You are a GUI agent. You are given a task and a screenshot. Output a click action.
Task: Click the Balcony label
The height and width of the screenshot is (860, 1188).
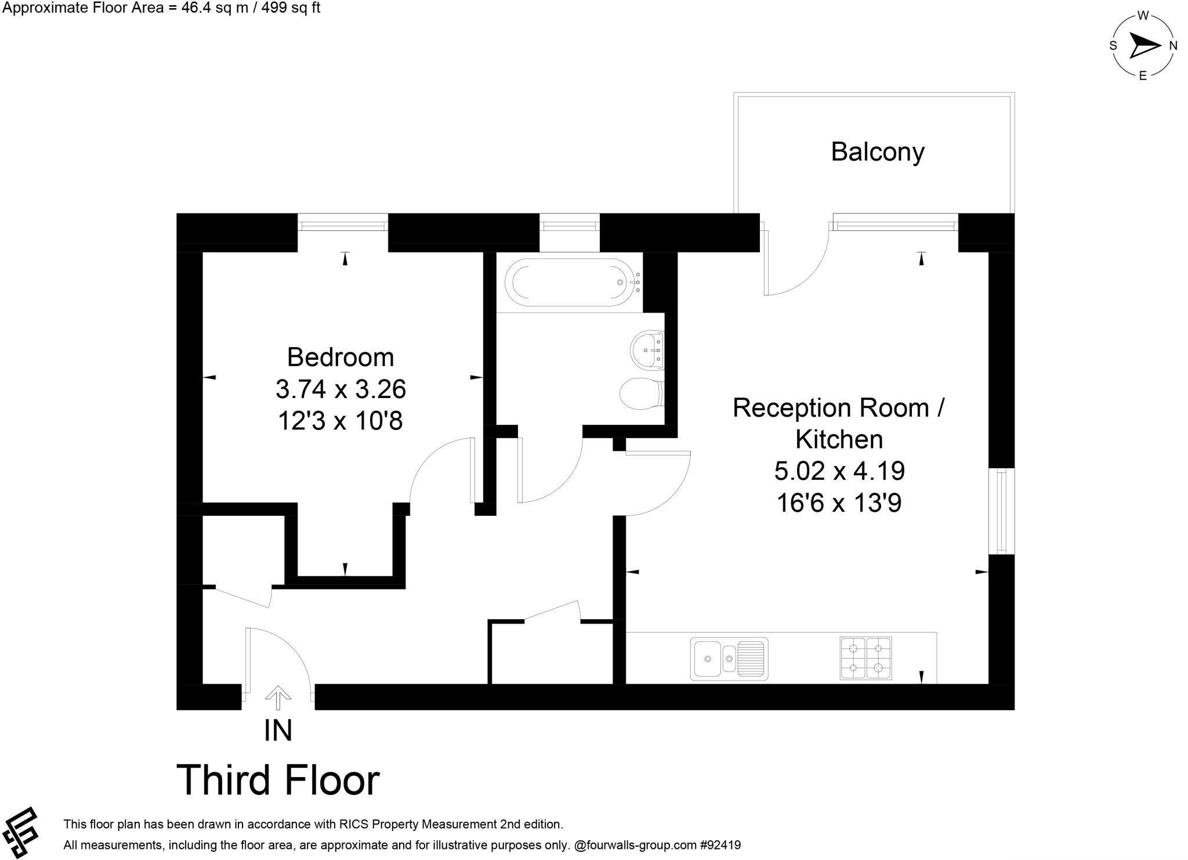click(877, 152)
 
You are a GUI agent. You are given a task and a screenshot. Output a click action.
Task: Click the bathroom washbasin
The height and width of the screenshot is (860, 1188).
click(647, 350)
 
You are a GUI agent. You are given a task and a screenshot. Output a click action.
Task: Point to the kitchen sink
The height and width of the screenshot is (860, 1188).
click(729, 659)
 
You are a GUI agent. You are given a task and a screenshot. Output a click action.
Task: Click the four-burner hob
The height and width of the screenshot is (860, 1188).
click(865, 659)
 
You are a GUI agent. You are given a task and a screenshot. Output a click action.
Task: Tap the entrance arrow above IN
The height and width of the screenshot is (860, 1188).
click(278, 698)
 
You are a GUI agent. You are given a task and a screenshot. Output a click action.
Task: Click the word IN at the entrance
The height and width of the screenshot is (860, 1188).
click(278, 731)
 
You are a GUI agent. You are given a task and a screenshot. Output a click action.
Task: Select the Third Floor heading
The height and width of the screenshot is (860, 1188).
click(278, 780)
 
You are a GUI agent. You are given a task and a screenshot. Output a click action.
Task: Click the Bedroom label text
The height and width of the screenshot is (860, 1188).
click(341, 357)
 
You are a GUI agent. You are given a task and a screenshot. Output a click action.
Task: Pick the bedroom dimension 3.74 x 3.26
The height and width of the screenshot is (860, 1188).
click(341, 389)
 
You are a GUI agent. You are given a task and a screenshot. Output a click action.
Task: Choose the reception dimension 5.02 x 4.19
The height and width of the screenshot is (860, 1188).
click(839, 471)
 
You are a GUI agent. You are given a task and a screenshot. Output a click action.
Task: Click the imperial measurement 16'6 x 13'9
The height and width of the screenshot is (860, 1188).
click(839, 503)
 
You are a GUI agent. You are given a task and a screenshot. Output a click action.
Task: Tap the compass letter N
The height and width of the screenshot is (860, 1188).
click(1172, 46)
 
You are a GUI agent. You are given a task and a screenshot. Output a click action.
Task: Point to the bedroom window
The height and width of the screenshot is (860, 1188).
click(343, 222)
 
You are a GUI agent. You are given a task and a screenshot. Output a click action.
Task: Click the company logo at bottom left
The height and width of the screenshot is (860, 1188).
click(20, 832)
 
